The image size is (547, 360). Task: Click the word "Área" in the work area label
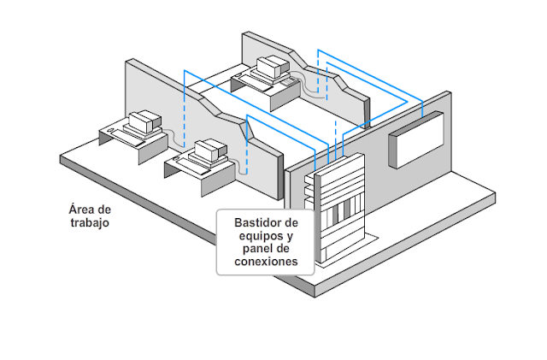tap(78, 210)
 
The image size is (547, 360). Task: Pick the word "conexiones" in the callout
tap(265, 263)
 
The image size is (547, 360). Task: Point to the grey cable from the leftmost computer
tap(174, 138)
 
